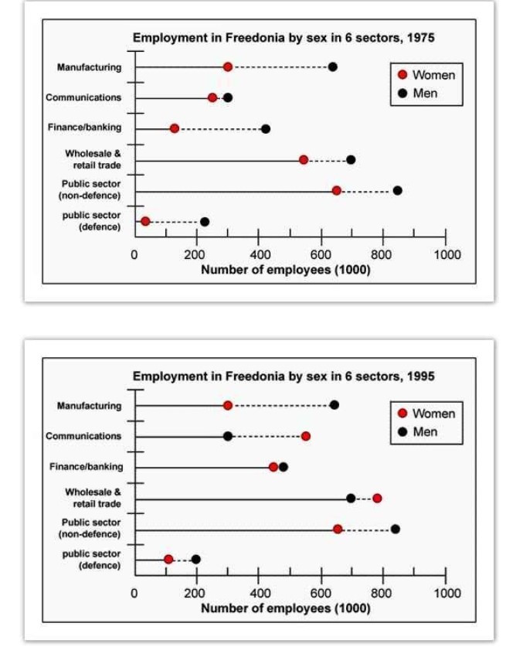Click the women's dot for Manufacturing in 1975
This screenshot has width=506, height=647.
point(228,67)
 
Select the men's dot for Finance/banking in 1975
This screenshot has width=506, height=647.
point(266,129)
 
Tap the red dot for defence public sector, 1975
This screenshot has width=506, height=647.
point(145,222)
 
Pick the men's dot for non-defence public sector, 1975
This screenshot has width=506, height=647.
point(397,190)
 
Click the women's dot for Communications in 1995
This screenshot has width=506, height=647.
point(306,436)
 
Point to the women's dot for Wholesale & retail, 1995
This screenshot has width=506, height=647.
point(377,498)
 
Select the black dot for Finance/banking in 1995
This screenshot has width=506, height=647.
point(284,467)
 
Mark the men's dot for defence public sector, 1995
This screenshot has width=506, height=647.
point(196,559)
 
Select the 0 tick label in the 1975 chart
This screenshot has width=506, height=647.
point(135,254)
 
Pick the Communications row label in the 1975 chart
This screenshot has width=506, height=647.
point(83,98)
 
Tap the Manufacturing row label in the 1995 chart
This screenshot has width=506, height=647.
point(89,406)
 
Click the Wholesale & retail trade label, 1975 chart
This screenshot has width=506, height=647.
point(93,158)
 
